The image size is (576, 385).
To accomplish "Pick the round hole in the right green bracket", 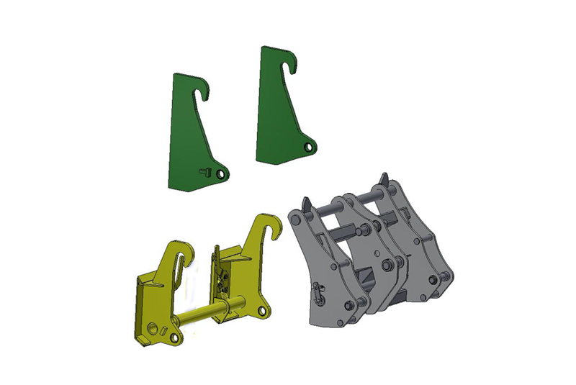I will coord(309,147).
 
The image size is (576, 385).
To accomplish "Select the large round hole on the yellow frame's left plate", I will coord(153,327).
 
